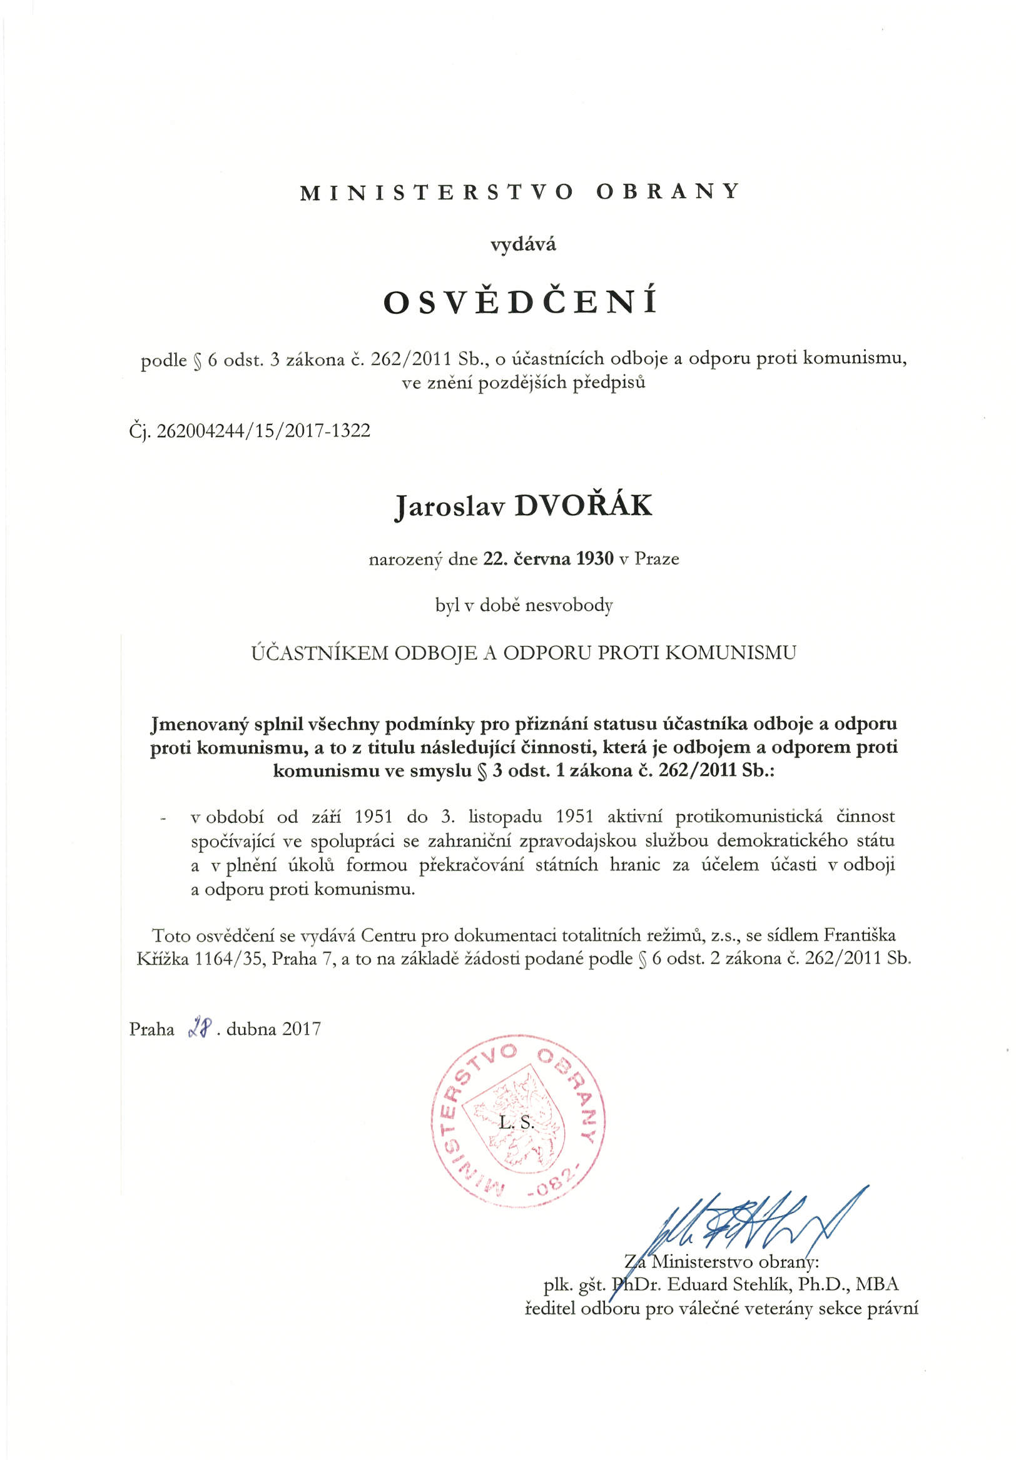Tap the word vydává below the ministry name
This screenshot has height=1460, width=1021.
tap(523, 244)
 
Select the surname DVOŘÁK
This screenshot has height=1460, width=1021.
tap(582, 506)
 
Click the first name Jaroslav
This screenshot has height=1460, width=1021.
tap(449, 508)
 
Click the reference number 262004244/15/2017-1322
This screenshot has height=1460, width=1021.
tap(263, 431)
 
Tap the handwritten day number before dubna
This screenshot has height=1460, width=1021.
tap(200, 1028)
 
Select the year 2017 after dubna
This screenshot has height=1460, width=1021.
tap(302, 1029)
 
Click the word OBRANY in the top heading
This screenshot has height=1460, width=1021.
tap(668, 191)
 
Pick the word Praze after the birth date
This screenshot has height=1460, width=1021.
tap(657, 559)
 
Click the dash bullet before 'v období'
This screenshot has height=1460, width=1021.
tap(165, 818)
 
